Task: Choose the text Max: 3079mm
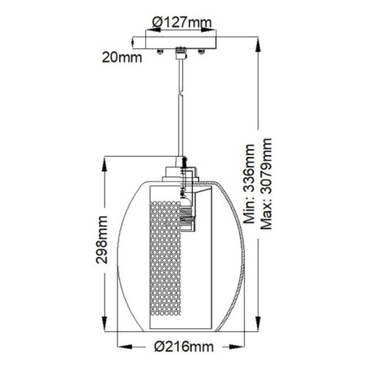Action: point(266,184)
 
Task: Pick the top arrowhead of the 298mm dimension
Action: point(104,161)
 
